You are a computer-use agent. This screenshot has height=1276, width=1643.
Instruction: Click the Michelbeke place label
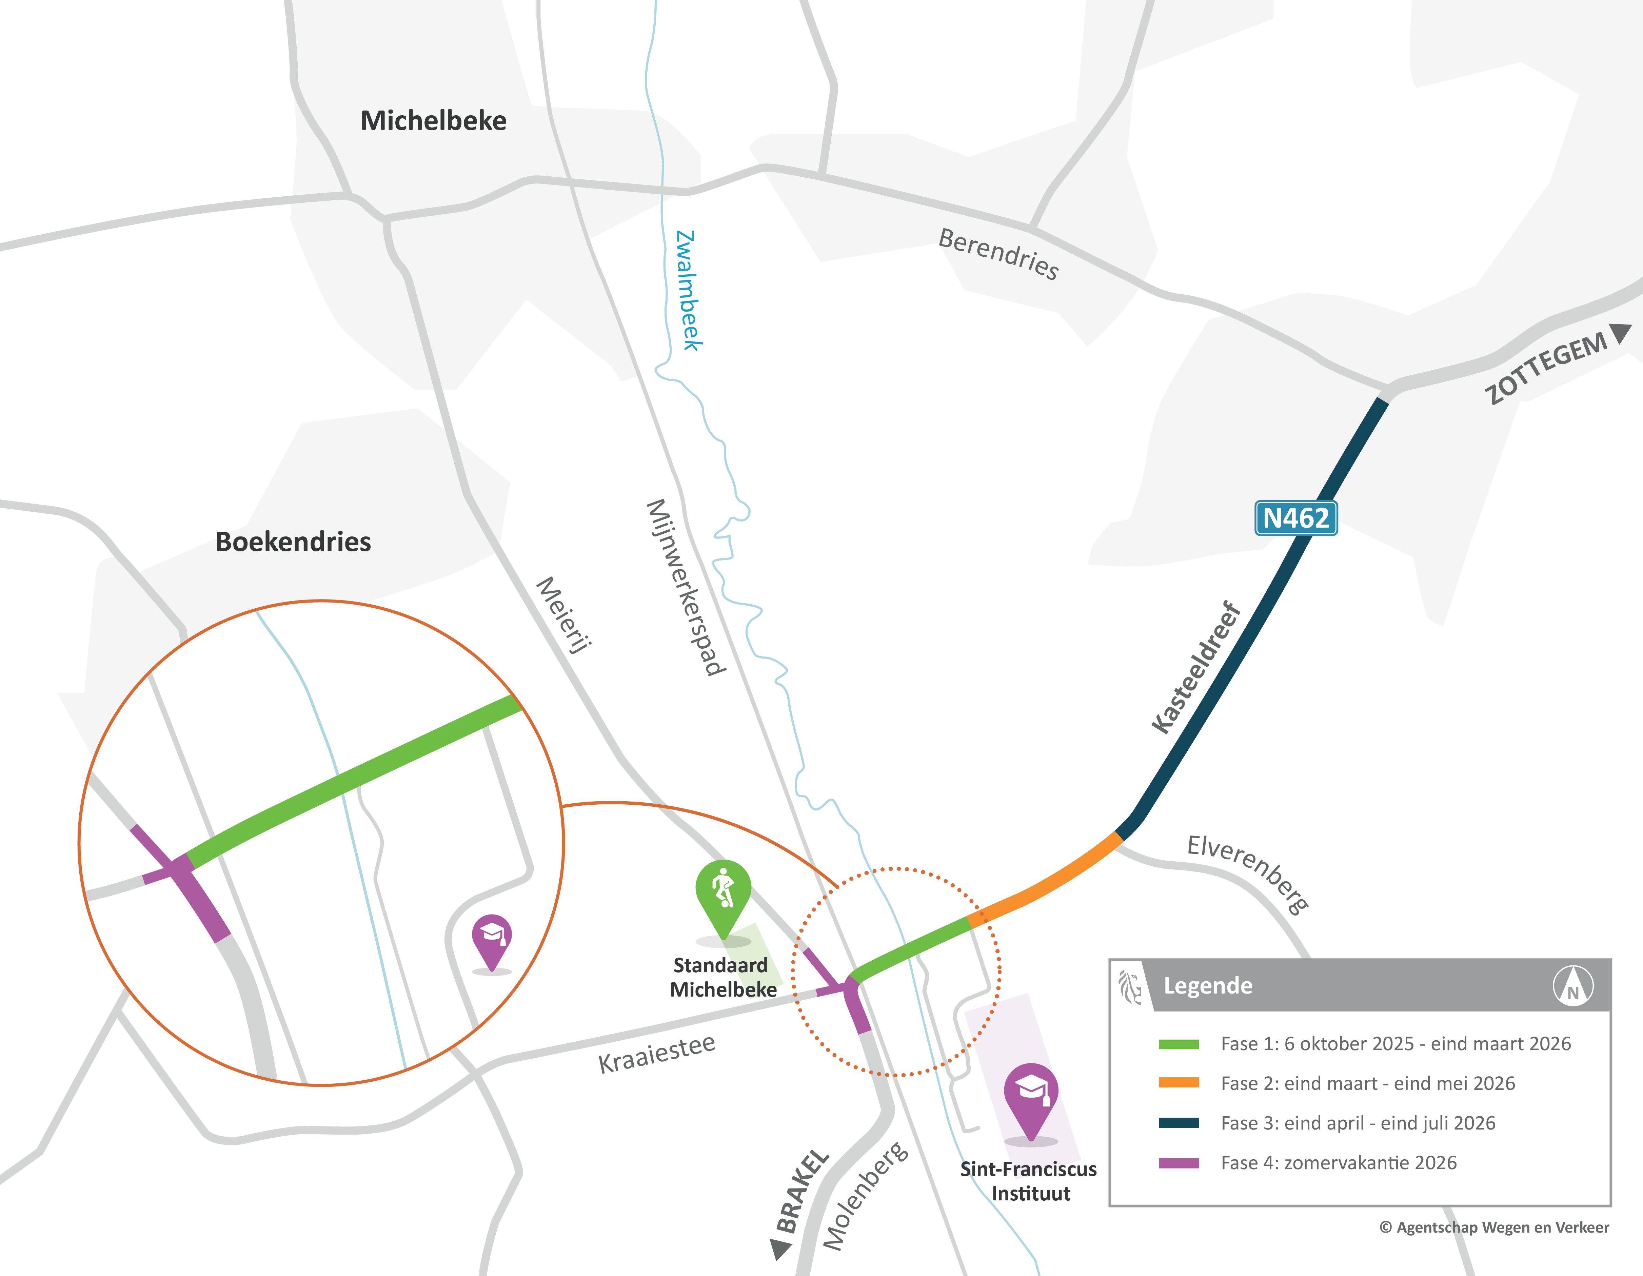[433, 120]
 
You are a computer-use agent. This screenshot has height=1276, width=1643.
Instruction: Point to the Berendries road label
[998, 254]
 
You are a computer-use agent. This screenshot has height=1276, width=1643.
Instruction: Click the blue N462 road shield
[1295, 517]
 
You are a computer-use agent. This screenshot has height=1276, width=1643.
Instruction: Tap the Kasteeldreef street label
[1196, 667]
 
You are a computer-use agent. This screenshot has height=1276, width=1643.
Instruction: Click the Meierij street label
[564, 615]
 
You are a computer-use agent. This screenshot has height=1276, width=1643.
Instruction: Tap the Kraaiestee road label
[657, 1053]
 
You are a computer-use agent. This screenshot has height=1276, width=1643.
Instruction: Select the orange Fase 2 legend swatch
[1178, 1083]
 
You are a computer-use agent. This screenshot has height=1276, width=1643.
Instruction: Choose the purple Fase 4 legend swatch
[1178, 1162]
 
